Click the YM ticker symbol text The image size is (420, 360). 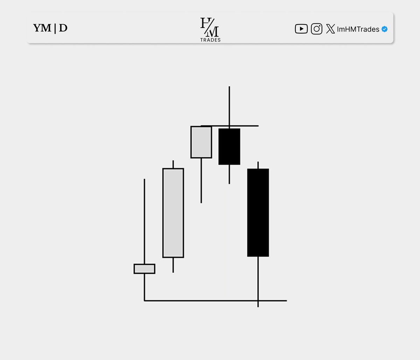coord(42,28)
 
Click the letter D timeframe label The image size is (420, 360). coord(63,28)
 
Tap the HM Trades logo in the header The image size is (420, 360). coord(210,30)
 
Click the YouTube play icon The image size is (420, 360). coord(301,29)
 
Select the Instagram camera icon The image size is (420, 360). coord(316,29)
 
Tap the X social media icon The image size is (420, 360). coord(330,29)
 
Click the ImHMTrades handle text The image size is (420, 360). coord(358,29)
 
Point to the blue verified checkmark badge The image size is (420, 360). coord(384,29)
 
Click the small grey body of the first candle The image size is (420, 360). coord(145,269)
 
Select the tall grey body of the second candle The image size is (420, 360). coord(173,213)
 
